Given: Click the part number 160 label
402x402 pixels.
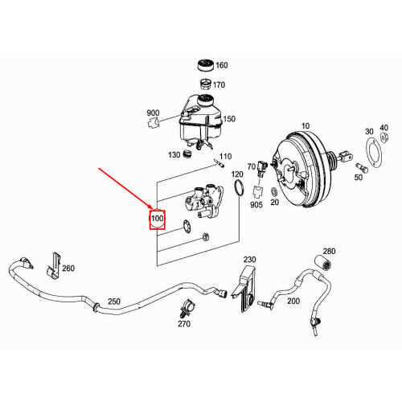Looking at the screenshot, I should (222, 65).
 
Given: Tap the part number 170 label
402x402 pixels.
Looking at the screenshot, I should (219, 84).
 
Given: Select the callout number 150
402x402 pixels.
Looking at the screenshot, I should (229, 119).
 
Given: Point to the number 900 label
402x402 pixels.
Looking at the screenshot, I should (153, 113).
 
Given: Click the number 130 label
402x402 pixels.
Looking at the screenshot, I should (173, 155).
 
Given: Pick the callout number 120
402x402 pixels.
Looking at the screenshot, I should (237, 174).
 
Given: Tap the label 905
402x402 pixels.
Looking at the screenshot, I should (256, 205).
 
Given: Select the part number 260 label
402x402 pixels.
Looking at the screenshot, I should (68, 269).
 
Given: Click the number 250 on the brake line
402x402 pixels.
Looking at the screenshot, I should (113, 301).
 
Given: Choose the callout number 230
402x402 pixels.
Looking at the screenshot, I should (249, 260).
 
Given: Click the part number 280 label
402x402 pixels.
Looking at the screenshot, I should (328, 252).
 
